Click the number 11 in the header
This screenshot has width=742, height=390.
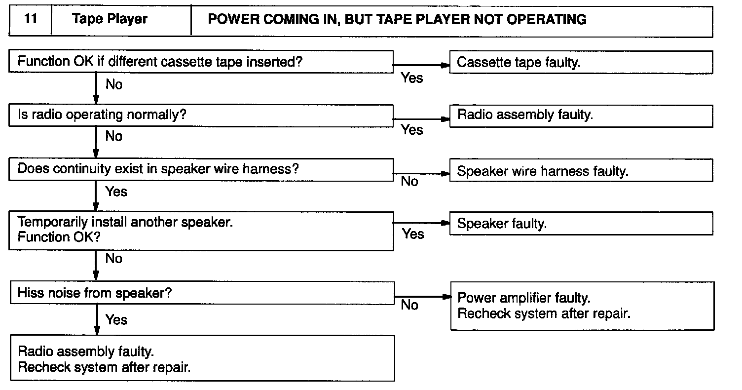click(30, 20)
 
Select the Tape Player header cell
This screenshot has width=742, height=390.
click(110, 20)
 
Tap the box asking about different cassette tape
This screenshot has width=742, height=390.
click(201, 61)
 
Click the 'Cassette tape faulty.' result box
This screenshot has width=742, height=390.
click(581, 63)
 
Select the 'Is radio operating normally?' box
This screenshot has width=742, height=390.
click(201, 115)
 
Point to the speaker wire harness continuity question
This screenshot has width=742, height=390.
click(201, 169)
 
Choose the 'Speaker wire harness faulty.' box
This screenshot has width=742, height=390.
click(581, 171)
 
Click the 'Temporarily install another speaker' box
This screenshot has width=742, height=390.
click(201, 230)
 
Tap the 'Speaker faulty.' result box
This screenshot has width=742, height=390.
click(581, 224)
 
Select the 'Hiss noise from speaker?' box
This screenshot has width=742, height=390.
click(201, 293)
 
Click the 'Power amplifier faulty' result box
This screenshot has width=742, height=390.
click(582, 306)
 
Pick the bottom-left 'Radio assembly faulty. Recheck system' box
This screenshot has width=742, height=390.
click(202, 359)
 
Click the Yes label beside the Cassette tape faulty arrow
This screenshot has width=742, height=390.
click(412, 78)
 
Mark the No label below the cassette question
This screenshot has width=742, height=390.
click(113, 84)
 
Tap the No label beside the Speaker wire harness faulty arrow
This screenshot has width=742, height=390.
click(409, 182)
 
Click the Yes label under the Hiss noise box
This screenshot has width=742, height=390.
click(116, 319)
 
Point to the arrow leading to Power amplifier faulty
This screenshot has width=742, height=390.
click(422, 297)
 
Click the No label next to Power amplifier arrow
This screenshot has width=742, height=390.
click(409, 305)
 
